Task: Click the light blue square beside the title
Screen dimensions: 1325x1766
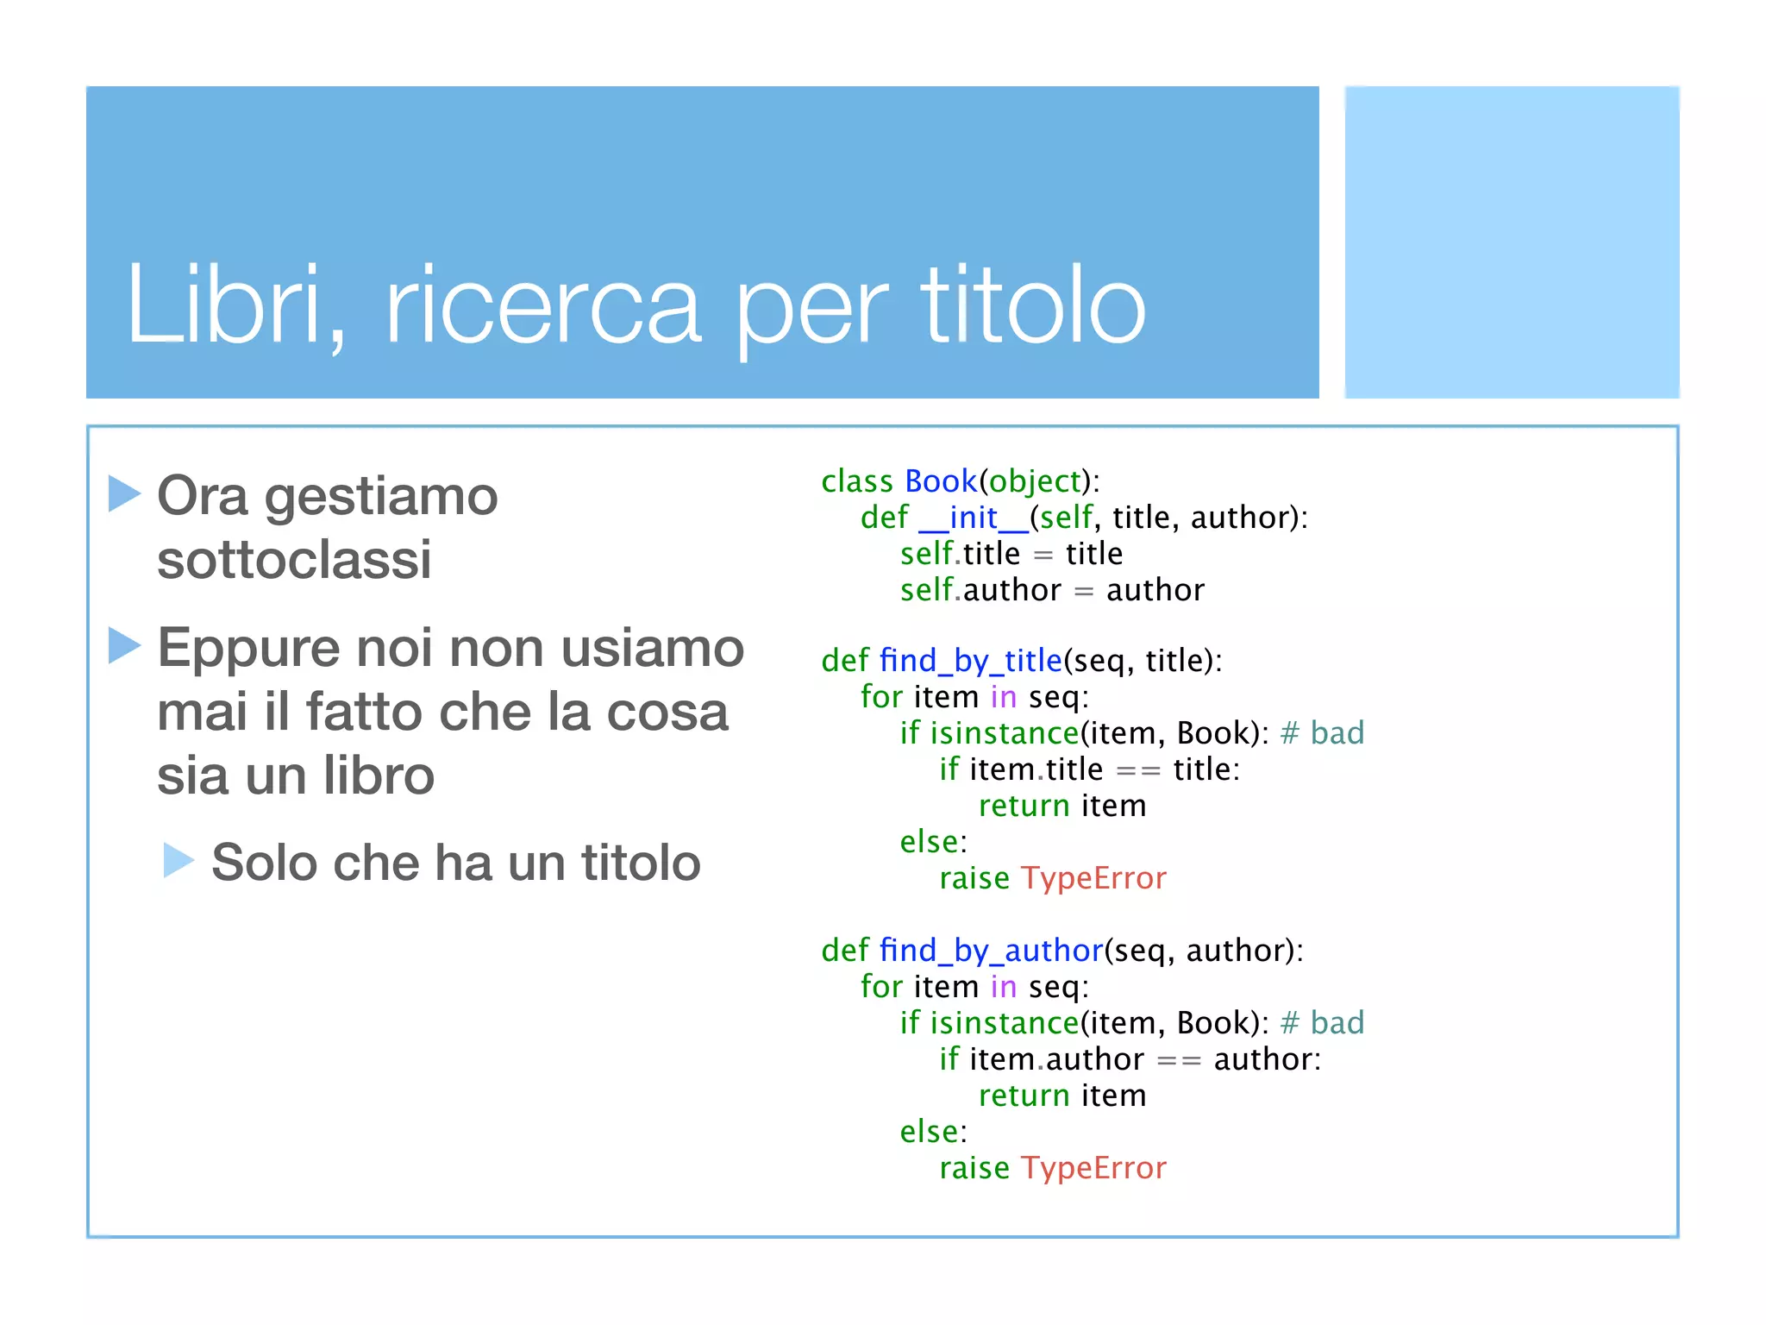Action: [1512, 242]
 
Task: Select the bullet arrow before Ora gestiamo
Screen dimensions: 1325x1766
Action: [124, 493]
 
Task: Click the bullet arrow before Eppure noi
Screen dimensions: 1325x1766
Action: [124, 645]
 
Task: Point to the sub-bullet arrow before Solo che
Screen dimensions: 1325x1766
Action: [178, 860]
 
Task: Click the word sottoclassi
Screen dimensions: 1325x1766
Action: [294, 560]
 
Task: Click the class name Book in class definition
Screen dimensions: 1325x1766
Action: [940, 480]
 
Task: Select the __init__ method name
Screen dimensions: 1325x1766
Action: [974, 518]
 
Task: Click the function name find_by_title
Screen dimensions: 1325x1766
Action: [970, 661]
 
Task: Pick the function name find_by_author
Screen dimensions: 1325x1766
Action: [991, 951]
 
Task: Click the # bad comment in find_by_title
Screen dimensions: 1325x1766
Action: [1322, 733]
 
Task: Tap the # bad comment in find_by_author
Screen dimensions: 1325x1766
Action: [1322, 1023]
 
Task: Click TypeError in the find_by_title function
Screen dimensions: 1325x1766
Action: [1093, 878]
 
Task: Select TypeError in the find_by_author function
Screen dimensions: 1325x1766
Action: [1093, 1168]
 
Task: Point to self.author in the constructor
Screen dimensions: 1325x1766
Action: [980, 590]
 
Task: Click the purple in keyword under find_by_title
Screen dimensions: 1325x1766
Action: [1003, 697]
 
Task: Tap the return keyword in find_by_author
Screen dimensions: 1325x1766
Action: [1024, 1096]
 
